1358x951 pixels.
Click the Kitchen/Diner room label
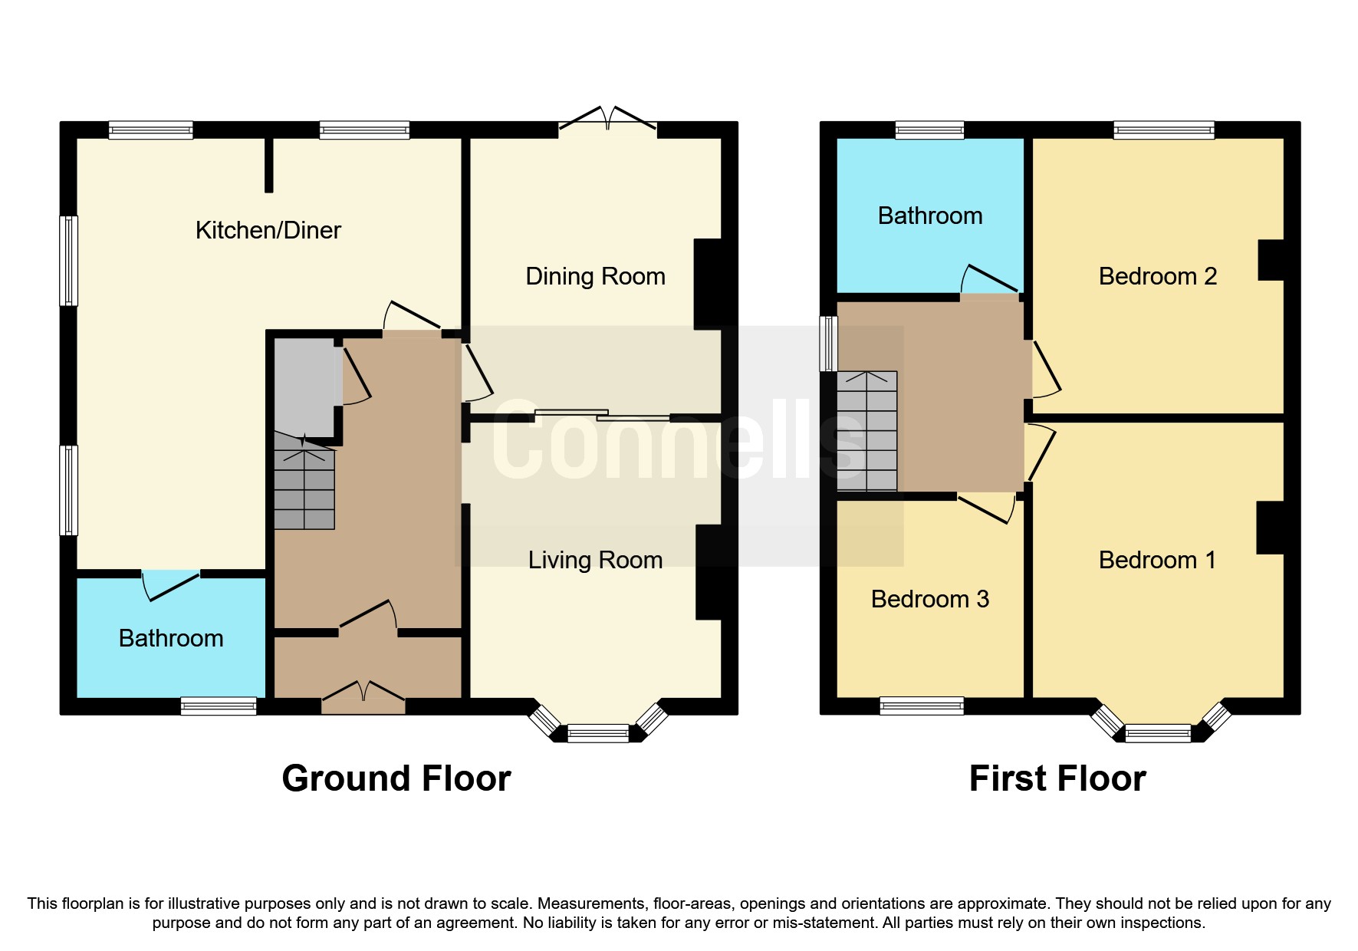pos(268,230)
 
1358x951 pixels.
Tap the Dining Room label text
pos(595,276)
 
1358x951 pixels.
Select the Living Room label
pos(595,560)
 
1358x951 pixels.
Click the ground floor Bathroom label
pos(171,638)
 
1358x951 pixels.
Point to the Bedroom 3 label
pos(929,599)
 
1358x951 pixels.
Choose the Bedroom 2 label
pos(1157,276)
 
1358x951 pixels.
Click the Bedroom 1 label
pos(1157,560)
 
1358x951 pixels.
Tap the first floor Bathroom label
pos(929,216)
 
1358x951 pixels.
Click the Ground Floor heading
pos(396,778)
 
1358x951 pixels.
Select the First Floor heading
pos(1057,778)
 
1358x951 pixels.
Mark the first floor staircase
pos(866,431)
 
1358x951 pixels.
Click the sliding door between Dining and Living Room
pos(603,415)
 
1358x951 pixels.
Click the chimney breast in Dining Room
pos(708,284)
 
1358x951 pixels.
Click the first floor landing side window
pos(828,344)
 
